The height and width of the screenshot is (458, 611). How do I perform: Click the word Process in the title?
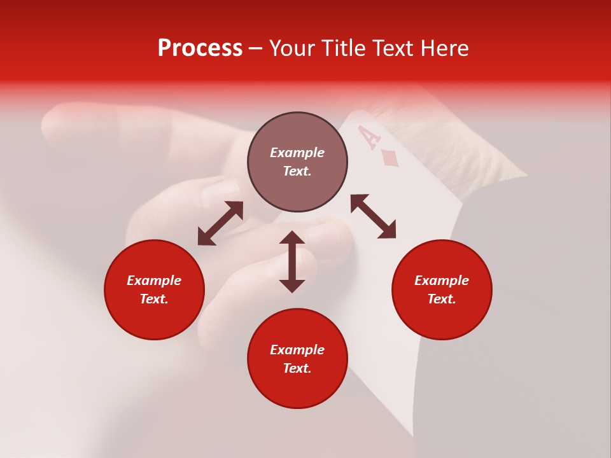click(x=200, y=48)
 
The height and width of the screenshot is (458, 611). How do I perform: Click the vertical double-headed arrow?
click(x=292, y=261)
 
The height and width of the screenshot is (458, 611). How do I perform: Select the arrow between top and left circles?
click(x=220, y=223)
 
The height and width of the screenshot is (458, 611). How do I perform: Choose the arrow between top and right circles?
click(x=373, y=216)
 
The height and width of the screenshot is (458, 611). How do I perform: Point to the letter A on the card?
click(x=369, y=136)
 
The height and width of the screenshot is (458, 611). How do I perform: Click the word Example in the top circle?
click(x=297, y=153)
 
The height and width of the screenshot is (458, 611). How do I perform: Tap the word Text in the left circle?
click(x=154, y=299)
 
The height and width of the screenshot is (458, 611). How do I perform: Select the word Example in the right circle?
click(x=442, y=281)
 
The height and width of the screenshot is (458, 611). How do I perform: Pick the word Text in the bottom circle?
click(x=297, y=368)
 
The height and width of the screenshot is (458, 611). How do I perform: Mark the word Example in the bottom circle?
click(x=297, y=350)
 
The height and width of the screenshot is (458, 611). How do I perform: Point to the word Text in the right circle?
click(x=442, y=299)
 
